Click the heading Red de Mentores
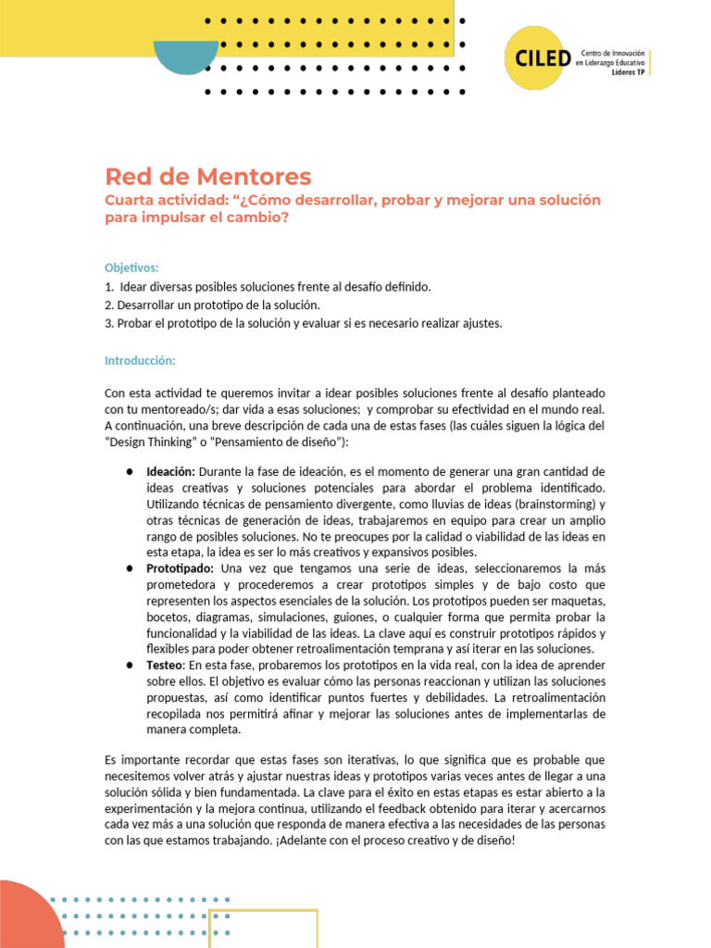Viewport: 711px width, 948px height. pyautogui.click(x=208, y=176)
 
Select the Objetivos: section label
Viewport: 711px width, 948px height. pyautogui.click(x=131, y=267)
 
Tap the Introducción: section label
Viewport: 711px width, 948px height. pyautogui.click(x=140, y=360)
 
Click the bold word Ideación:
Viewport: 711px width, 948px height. pyautogui.click(x=170, y=471)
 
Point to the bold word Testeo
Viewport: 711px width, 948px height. pyautogui.click(x=167, y=665)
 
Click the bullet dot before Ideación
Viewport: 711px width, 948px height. pyautogui.click(x=130, y=471)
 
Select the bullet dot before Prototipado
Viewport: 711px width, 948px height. pyautogui.click(x=130, y=568)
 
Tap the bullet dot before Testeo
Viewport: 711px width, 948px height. pyautogui.click(x=130, y=665)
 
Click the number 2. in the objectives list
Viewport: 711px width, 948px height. pyautogui.click(x=109, y=305)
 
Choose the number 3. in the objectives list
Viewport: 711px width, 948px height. pyautogui.click(x=109, y=323)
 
